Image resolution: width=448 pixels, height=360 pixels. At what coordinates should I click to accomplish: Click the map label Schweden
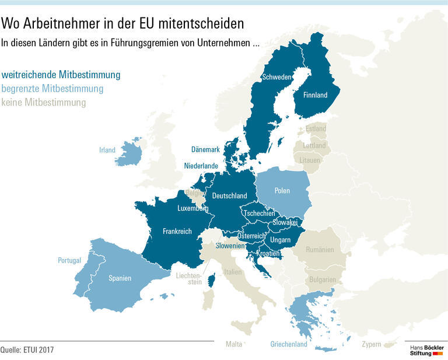[277, 77]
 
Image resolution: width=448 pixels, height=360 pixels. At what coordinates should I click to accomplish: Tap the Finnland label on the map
[316, 95]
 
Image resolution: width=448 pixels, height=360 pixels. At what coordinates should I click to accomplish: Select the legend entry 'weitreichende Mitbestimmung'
[61, 75]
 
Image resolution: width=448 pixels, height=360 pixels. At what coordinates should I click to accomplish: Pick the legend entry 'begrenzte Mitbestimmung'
[52, 89]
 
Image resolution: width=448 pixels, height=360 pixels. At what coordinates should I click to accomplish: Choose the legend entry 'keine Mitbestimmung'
[43, 103]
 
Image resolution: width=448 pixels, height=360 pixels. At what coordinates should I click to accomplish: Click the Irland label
[107, 150]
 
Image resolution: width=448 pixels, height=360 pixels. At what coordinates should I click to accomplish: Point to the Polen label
[282, 191]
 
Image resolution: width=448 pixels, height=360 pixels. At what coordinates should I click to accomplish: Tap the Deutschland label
[229, 196]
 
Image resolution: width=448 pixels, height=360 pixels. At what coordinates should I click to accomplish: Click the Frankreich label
[177, 232]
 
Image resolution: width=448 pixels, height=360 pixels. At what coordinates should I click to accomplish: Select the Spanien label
[120, 278]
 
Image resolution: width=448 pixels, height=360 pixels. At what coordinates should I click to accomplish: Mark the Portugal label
[69, 260]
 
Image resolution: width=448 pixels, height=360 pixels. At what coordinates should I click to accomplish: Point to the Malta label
[234, 344]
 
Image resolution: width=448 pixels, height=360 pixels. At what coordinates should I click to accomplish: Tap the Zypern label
[372, 344]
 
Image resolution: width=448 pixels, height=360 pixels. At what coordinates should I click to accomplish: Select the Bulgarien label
[322, 280]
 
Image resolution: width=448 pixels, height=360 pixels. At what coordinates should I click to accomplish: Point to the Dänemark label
[205, 150]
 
